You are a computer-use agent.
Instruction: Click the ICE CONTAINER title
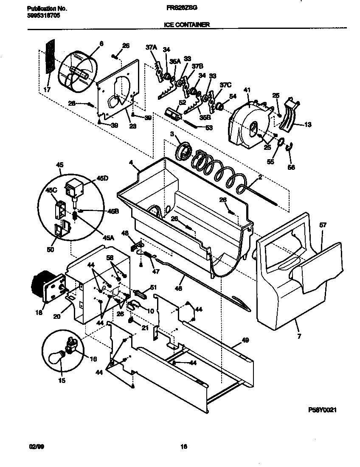point(186,25)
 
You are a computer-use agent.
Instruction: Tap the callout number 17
point(47,90)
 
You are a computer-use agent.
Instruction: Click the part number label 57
point(323,225)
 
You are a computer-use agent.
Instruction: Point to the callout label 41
point(247,90)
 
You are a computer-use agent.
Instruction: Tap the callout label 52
point(170,102)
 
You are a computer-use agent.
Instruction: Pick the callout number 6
point(101,43)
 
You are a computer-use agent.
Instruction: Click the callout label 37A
point(152,48)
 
